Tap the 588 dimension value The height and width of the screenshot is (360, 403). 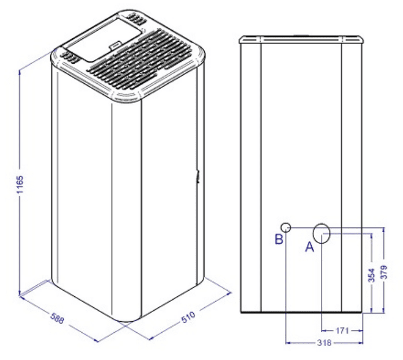point(57,318)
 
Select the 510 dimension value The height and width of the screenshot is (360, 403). point(188,317)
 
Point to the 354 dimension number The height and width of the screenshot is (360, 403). point(372,275)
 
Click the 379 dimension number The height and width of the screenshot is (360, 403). point(383,272)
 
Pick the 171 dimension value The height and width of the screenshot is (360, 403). point(342,330)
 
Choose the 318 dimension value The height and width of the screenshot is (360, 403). point(324,343)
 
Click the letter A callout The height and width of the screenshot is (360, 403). point(309,247)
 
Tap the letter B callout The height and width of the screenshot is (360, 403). point(279,239)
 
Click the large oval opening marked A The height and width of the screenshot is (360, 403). point(321,233)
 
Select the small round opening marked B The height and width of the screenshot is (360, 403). point(286,227)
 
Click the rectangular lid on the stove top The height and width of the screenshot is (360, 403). point(103,39)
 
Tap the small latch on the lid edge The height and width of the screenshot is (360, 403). point(115,46)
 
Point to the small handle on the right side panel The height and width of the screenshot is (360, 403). point(198,177)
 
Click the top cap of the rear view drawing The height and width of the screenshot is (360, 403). point(301,39)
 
